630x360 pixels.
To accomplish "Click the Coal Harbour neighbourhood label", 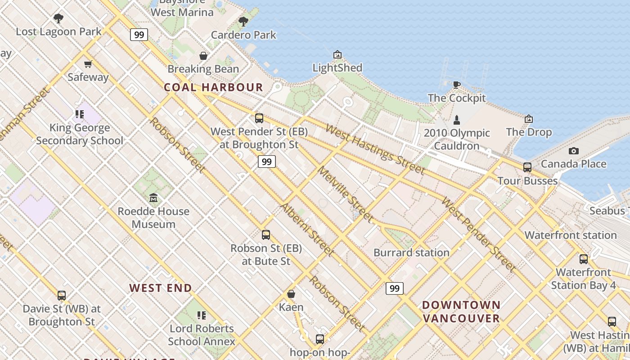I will click(213, 87).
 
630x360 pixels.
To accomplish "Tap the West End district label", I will click(161, 288).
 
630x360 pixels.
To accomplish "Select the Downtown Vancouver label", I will click(461, 312).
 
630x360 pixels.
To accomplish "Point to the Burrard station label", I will click(411, 252).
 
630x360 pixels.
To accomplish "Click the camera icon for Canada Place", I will click(573, 151).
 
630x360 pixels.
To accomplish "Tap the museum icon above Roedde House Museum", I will click(153, 198).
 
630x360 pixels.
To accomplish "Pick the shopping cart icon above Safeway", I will click(88, 64).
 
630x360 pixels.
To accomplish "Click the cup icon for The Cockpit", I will click(457, 85).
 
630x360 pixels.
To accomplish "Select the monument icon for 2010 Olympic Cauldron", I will click(457, 120).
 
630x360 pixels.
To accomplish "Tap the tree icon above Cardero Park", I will click(243, 21).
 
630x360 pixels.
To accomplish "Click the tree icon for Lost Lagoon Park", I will click(58, 18).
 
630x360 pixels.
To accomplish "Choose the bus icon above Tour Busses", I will click(527, 167).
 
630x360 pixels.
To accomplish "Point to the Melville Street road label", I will click(345, 194).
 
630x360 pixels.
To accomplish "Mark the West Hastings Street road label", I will click(375, 149).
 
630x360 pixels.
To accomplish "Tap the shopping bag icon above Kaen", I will click(291, 294).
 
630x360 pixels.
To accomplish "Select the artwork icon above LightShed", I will click(337, 54).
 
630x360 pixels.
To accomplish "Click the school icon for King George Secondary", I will click(80, 114).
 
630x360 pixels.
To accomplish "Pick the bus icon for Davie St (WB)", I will click(62, 296).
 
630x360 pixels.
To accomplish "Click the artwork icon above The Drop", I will click(529, 119).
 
